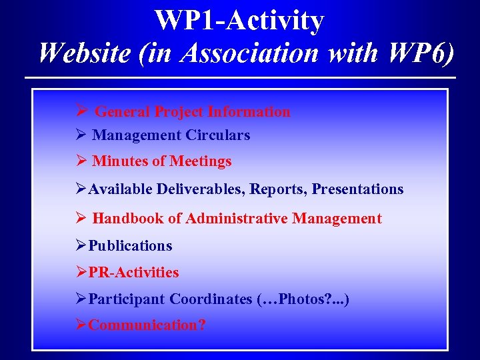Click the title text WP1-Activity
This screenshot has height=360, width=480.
click(x=239, y=20)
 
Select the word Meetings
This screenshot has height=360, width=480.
click(x=201, y=161)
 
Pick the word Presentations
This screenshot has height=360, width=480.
click(x=357, y=189)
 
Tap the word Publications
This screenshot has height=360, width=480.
click(x=130, y=246)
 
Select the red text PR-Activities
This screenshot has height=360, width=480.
click(x=133, y=273)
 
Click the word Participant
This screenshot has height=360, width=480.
click(x=127, y=299)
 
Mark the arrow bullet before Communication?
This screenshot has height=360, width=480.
click(x=81, y=325)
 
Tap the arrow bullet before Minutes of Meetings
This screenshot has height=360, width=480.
click(x=82, y=161)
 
